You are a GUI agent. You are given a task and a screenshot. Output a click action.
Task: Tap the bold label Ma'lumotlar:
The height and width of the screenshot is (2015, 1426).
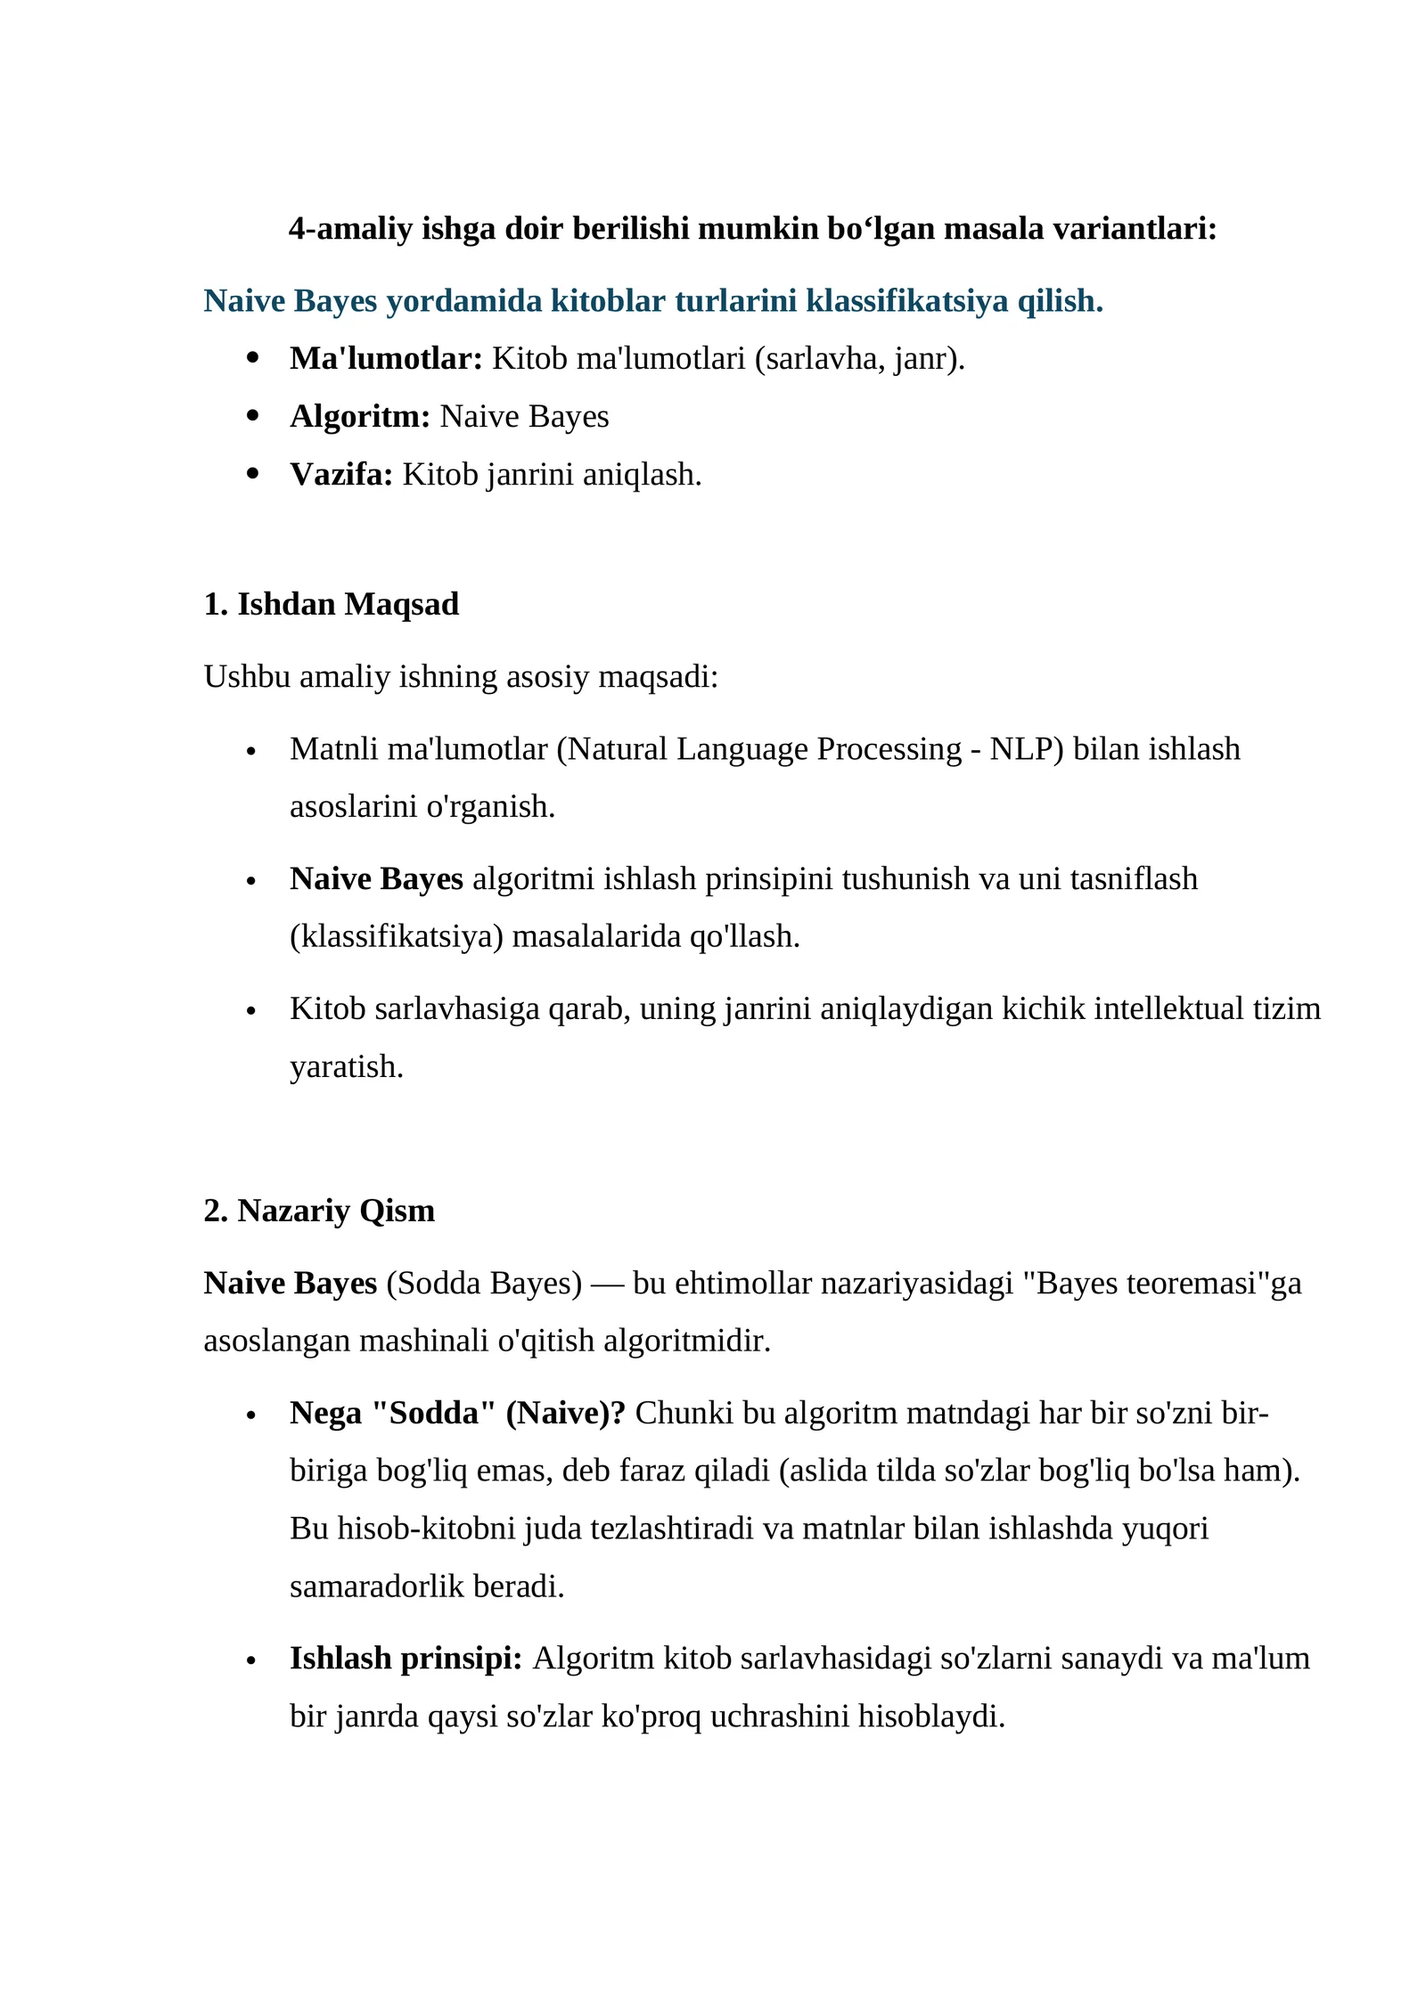coord(386,358)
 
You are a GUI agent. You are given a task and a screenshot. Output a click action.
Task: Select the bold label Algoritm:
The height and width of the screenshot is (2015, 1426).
coord(360,416)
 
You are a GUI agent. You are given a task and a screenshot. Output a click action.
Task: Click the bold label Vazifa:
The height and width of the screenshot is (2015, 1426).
coord(341,474)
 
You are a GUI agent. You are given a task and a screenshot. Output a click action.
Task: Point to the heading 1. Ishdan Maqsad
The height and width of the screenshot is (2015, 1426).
coord(331,604)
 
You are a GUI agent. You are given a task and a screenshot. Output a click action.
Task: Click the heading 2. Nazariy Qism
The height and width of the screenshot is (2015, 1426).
coord(319,1211)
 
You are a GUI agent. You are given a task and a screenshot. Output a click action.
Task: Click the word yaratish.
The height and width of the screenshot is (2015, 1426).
coord(347,1066)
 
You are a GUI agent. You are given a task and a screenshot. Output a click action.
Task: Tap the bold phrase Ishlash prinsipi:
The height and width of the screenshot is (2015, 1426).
coord(406,1658)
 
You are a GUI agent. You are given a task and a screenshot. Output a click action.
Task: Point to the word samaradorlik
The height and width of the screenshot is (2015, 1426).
coord(377,1587)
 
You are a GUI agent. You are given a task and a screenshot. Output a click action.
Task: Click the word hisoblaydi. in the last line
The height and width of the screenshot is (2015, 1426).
coord(931,1716)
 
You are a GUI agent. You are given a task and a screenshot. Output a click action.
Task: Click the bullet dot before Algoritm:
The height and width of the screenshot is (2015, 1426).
coord(252,415)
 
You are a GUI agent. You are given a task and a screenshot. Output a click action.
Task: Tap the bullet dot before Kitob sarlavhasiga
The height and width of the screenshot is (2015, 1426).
coord(251,1011)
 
